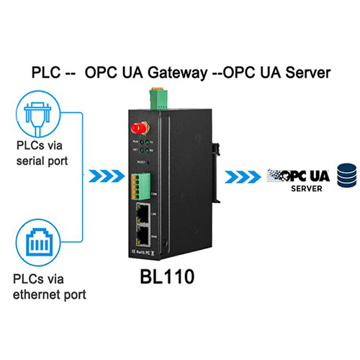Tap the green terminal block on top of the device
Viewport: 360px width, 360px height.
156,96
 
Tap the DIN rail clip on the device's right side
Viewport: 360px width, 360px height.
217,148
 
